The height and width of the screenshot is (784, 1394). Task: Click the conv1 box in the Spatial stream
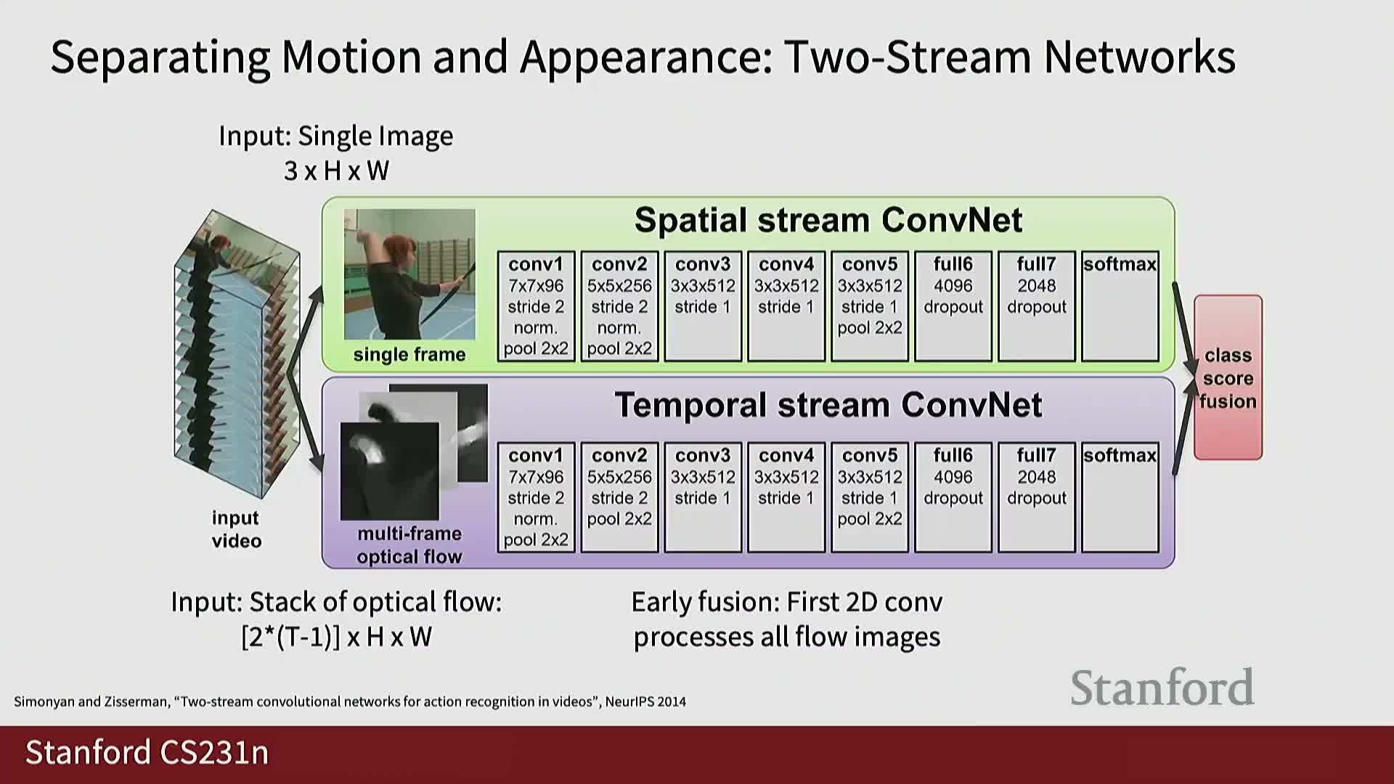[536, 306]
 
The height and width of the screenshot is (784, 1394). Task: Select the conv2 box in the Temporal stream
[619, 497]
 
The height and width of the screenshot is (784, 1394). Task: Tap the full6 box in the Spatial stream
[953, 306]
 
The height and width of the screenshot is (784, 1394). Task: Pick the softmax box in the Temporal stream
[1120, 497]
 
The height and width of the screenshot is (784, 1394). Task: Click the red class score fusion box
[1228, 377]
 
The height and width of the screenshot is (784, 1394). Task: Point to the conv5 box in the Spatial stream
[870, 306]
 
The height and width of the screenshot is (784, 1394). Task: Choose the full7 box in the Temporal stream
[1037, 497]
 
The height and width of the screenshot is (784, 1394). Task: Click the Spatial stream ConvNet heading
[828, 220]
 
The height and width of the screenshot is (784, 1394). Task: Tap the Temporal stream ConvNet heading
[828, 404]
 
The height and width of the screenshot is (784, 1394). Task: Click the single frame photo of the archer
[409, 274]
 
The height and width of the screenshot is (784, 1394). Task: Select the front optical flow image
[390, 471]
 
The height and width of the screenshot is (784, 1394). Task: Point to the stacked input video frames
[237, 354]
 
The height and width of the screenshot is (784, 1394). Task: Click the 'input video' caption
[236, 529]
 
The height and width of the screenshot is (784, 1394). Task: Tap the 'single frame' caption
[409, 354]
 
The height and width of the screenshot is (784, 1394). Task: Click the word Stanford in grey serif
[1162, 687]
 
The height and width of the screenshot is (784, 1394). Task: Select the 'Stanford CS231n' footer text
[147, 753]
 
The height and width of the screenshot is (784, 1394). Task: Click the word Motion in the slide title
[351, 57]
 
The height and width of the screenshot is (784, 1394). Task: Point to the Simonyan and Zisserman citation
[350, 701]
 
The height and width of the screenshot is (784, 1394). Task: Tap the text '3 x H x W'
[336, 171]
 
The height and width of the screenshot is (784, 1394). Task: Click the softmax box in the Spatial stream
[1120, 306]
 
